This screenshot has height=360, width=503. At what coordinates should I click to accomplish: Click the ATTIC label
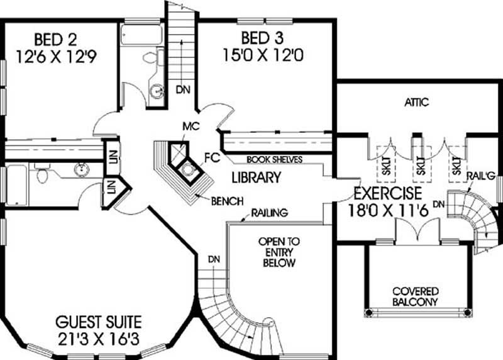(x=416, y=102)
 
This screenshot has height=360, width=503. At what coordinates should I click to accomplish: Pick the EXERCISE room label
(x=387, y=193)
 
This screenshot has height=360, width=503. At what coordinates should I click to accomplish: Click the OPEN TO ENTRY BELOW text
(x=278, y=252)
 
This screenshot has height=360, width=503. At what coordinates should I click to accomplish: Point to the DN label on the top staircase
(x=183, y=89)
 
